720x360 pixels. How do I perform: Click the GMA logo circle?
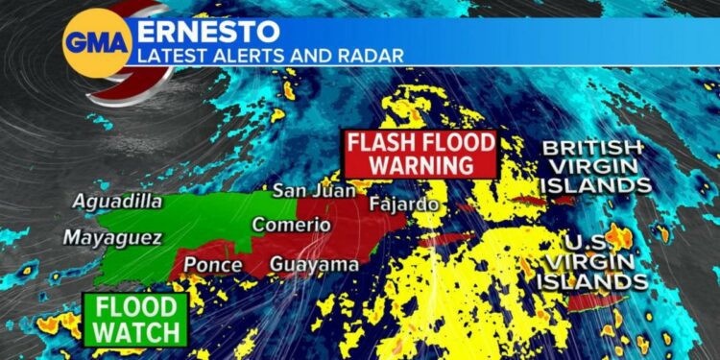point(96,42)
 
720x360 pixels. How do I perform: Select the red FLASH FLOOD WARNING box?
point(422,154)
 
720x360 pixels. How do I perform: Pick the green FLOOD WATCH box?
point(135,320)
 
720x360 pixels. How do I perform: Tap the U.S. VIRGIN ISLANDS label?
point(591,259)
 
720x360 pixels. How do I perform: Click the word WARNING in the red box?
point(422,164)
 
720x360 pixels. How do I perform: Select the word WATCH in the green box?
point(135,332)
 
